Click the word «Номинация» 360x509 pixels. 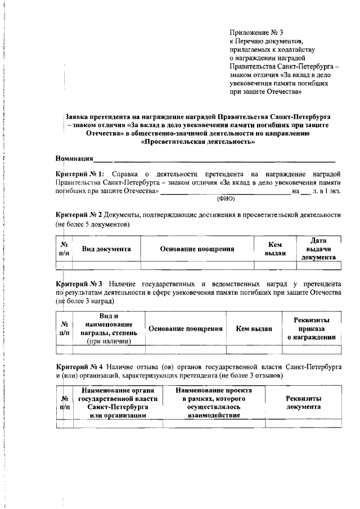click(74, 159)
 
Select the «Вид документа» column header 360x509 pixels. click(107, 249)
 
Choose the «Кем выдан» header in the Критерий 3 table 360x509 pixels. click(254, 328)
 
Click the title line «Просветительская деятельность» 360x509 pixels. click(198, 142)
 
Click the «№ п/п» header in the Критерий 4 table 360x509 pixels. click(65, 402)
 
